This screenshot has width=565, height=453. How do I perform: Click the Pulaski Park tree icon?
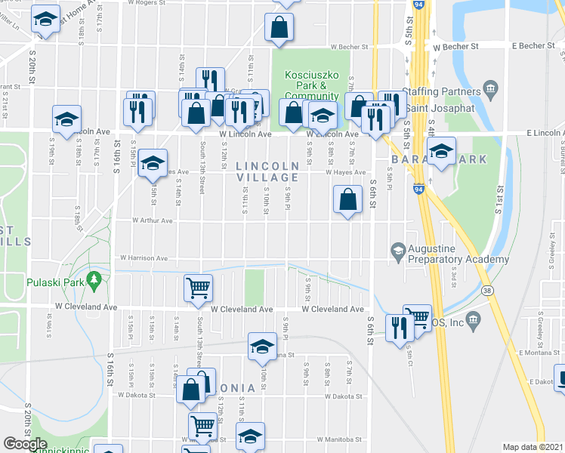94,281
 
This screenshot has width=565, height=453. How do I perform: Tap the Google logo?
25,444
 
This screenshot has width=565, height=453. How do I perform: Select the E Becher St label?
533,46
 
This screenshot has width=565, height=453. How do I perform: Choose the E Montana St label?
537,353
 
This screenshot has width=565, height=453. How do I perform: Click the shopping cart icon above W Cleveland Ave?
198,287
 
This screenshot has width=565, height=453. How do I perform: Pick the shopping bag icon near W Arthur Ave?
347,201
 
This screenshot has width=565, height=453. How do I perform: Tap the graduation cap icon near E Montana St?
262,345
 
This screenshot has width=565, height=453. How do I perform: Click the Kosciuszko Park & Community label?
310,85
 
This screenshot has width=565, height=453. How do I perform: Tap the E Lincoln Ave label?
536,133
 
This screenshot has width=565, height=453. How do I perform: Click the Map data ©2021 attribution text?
533,447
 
